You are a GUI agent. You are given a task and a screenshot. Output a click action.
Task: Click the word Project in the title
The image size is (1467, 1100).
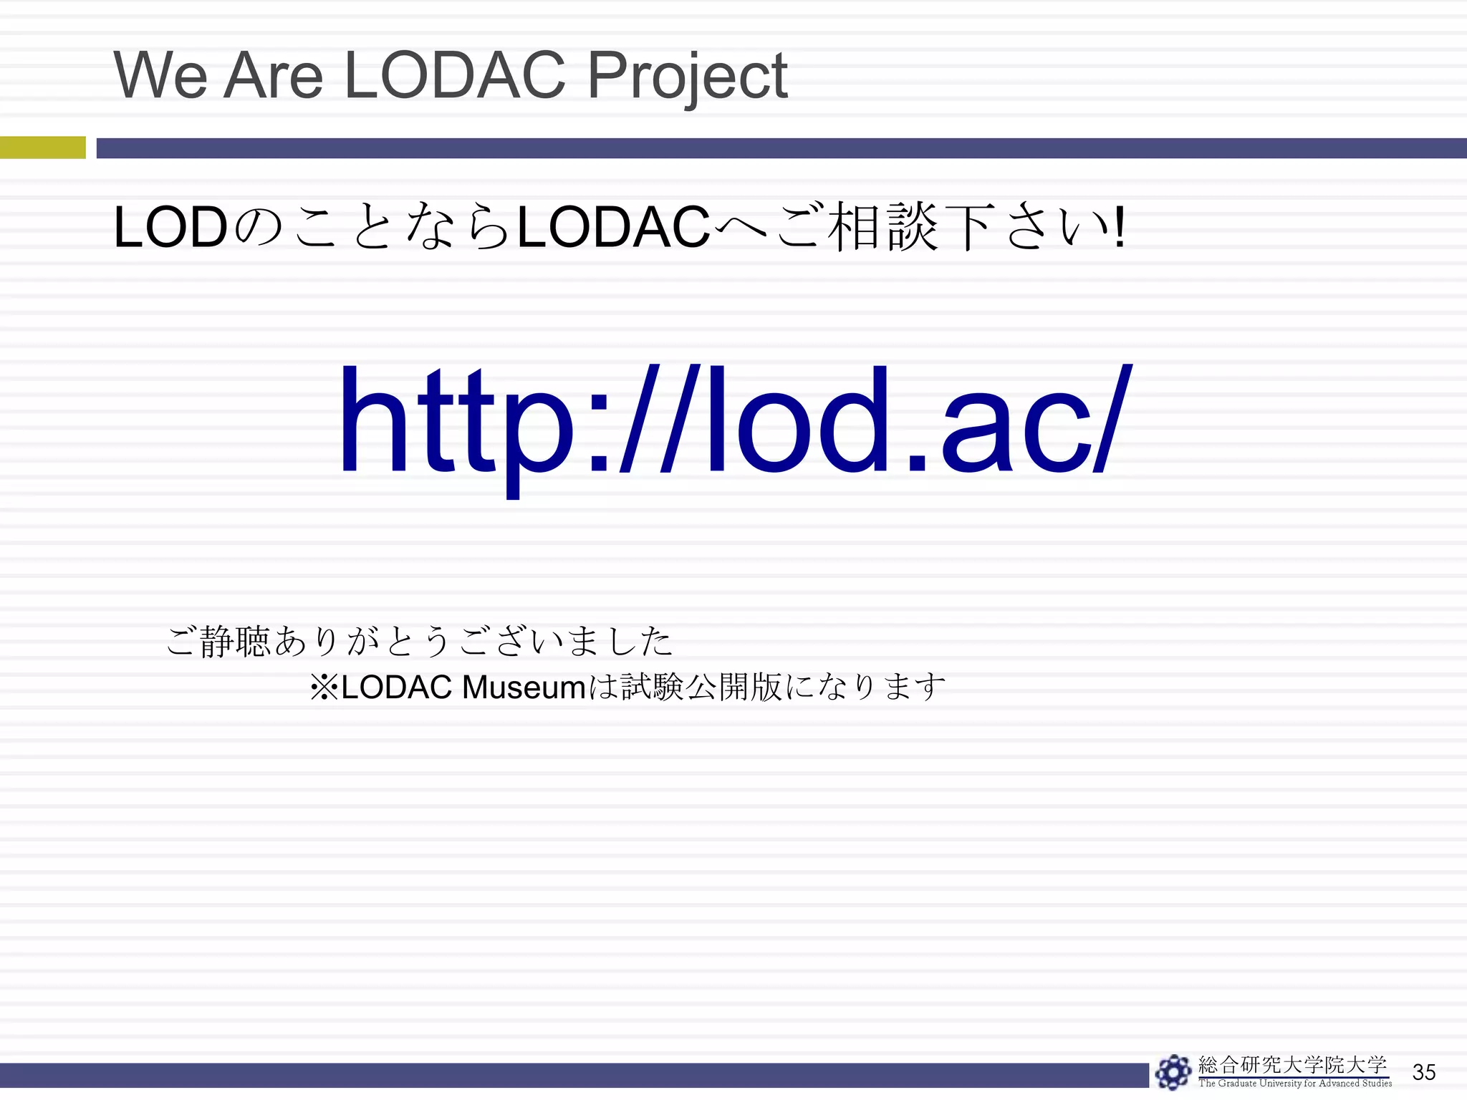click(x=687, y=76)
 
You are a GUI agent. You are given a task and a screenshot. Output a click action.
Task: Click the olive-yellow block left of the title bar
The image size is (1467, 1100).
click(x=42, y=148)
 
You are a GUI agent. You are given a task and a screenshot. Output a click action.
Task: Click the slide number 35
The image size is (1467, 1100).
click(x=1423, y=1072)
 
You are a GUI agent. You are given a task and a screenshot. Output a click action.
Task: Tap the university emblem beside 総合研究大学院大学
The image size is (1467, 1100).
click(x=1173, y=1072)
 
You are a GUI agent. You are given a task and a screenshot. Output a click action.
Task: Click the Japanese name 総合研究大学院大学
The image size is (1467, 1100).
click(x=1292, y=1065)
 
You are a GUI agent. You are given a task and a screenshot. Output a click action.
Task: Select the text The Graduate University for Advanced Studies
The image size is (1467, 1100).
click(x=1295, y=1084)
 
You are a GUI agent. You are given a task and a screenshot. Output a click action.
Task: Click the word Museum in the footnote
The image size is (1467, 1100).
click(x=524, y=687)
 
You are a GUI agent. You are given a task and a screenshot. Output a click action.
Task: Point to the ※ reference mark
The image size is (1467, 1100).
click(x=324, y=687)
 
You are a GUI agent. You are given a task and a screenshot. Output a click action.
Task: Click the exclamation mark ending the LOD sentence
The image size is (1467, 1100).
click(x=1119, y=228)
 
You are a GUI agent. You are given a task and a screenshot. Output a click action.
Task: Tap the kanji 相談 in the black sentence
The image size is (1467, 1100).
click(x=882, y=228)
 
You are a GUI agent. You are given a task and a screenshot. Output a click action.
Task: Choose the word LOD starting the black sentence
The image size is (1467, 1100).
click(x=170, y=228)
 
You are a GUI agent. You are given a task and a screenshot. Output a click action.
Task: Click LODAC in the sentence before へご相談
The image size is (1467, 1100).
click(x=612, y=228)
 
